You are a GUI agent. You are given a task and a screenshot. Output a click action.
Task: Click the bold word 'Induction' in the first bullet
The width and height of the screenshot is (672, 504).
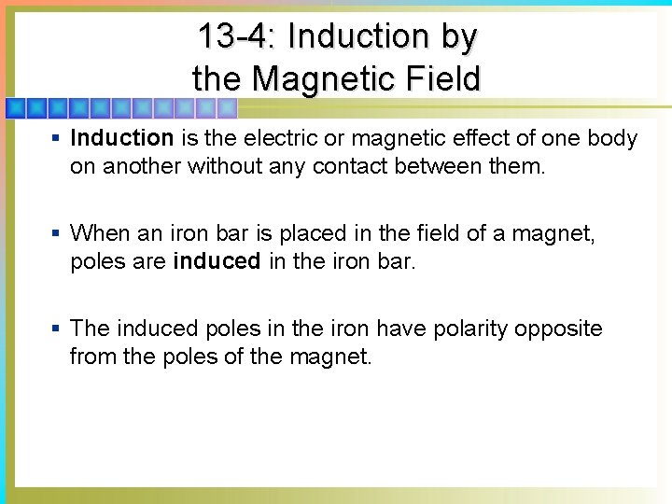[122, 139]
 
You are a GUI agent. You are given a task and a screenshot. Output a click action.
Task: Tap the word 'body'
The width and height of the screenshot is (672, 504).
[612, 139]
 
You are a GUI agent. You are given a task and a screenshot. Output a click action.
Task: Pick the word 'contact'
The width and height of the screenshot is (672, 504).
[350, 166]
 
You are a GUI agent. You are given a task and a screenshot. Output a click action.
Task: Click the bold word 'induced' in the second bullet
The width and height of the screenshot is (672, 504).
[217, 261]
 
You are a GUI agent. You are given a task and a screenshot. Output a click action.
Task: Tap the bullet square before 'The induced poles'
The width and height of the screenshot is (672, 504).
[56, 329]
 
